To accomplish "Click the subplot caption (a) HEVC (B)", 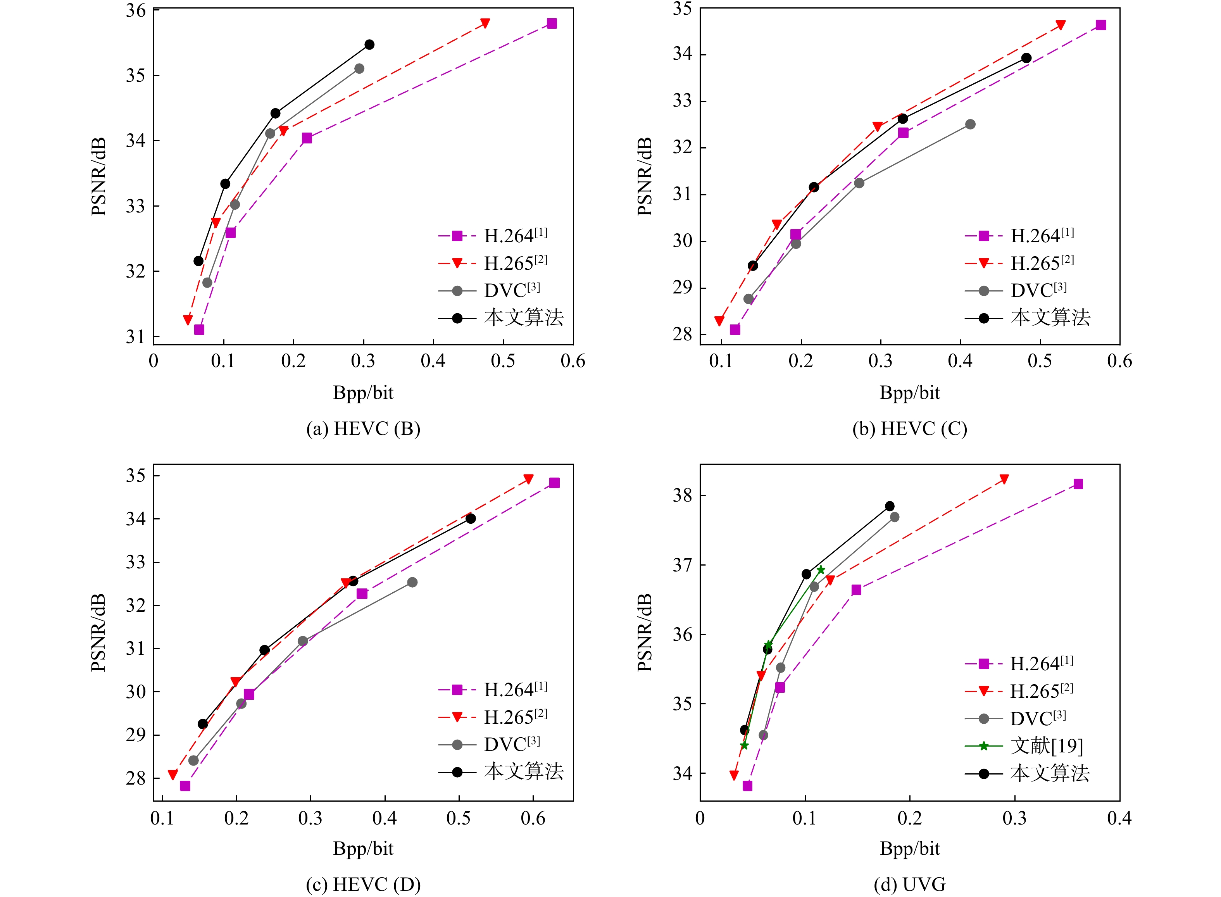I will coord(363,429).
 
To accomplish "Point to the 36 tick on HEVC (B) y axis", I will coord(136,10).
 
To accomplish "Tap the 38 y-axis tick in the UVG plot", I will coord(683,495).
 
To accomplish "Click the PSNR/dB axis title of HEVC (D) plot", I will coord(98,633).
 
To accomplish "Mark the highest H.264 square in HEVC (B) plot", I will coord(552,23).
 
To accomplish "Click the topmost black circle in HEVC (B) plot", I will coord(369,45).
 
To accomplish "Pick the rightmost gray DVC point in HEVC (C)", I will coord(970,124).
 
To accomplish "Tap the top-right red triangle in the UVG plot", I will coord(1004,479).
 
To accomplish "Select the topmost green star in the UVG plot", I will coord(820,569).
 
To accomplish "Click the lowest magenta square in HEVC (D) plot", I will coord(185,786).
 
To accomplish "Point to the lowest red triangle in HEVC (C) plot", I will coord(719,321).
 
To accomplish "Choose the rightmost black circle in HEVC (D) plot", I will coord(471,519).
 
